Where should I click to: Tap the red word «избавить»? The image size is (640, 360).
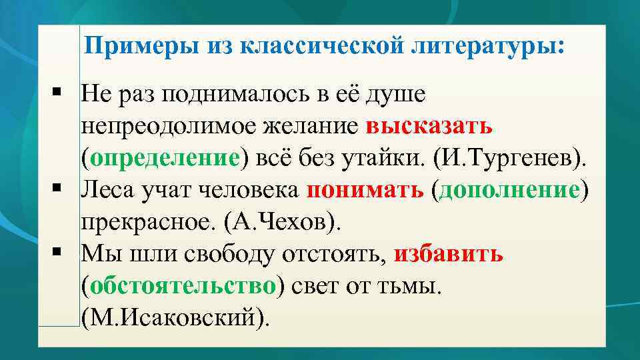click(449, 254)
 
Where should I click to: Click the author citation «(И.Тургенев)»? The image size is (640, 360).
click(511, 158)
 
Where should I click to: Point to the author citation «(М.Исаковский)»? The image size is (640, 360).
click(177, 318)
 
